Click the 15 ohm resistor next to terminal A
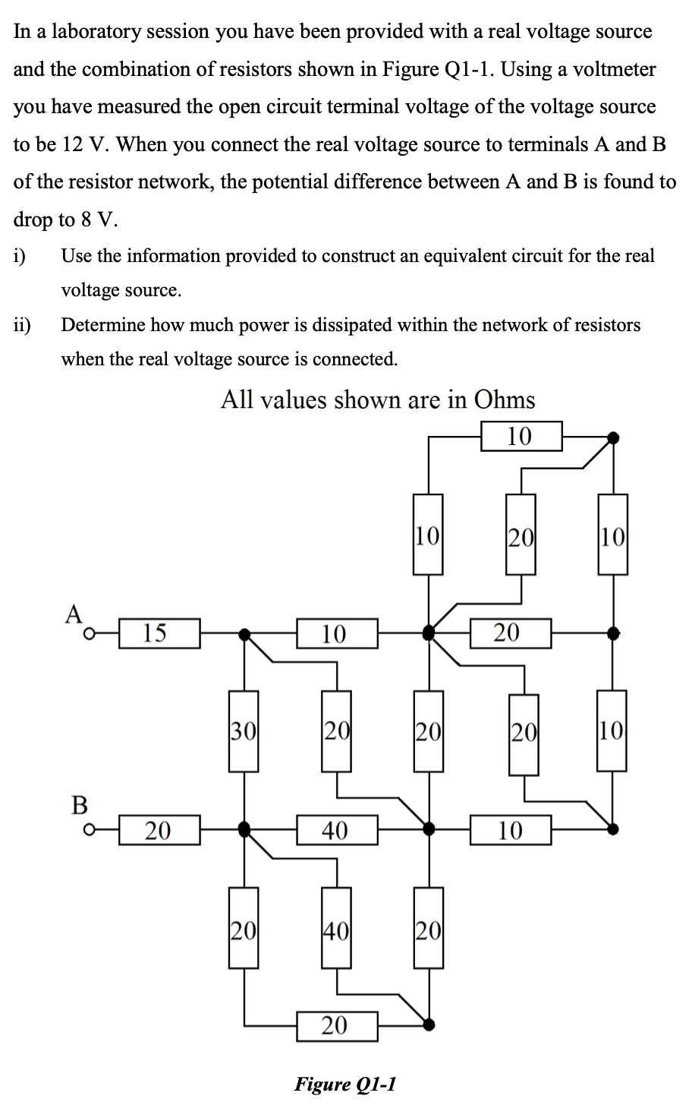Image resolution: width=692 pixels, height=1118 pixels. [x=159, y=633]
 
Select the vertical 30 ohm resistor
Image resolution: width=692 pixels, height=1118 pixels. [x=244, y=731]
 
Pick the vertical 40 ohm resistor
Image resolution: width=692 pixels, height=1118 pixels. [x=336, y=928]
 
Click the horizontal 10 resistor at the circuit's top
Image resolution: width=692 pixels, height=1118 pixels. [x=521, y=436]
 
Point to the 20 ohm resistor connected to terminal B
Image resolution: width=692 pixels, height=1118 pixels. [x=159, y=830]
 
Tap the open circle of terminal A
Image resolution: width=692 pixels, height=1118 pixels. [x=90, y=633]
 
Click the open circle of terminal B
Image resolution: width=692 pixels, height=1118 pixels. [x=90, y=830]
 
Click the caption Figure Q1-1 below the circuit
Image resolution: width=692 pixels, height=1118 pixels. [x=345, y=1084]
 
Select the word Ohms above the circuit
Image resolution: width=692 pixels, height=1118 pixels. [x=505, y=400]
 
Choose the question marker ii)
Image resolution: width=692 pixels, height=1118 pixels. [x=22, y=325]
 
